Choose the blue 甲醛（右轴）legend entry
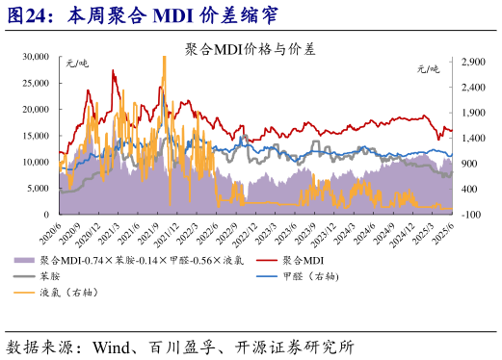(317, 276)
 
